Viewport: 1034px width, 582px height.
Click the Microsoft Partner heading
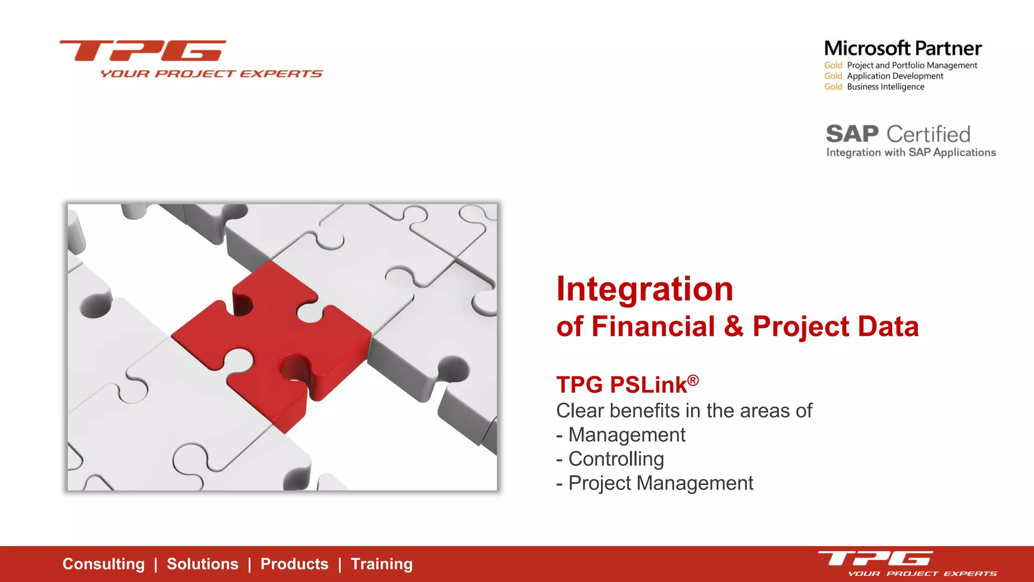tap(903, 48)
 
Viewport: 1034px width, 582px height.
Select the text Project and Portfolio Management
tap(912, 65)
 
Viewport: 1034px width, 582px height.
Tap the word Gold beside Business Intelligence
tap(833, 87)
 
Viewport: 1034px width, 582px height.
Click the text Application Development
tap(895, 76)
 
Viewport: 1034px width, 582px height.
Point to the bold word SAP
tap(852, 134)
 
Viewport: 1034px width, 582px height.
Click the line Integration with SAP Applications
tap(911, 153)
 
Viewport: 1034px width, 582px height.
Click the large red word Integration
tap(644, 289)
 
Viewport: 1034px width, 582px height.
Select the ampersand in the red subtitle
tap(733, 326)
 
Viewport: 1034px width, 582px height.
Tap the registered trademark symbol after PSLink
tap(693, 380)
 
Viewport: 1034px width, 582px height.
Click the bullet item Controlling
tap(616, 459)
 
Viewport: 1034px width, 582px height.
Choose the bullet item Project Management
tap(660, 483)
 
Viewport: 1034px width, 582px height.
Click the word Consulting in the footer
tap(104, 564)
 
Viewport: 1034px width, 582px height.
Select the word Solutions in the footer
tap(202, 564)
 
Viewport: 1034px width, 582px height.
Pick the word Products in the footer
tap(294, 564)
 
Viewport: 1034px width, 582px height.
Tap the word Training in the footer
tap(382, 564)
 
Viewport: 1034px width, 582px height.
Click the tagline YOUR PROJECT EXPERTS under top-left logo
tap(211, 74)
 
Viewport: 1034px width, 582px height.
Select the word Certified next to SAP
tap(928, 134)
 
